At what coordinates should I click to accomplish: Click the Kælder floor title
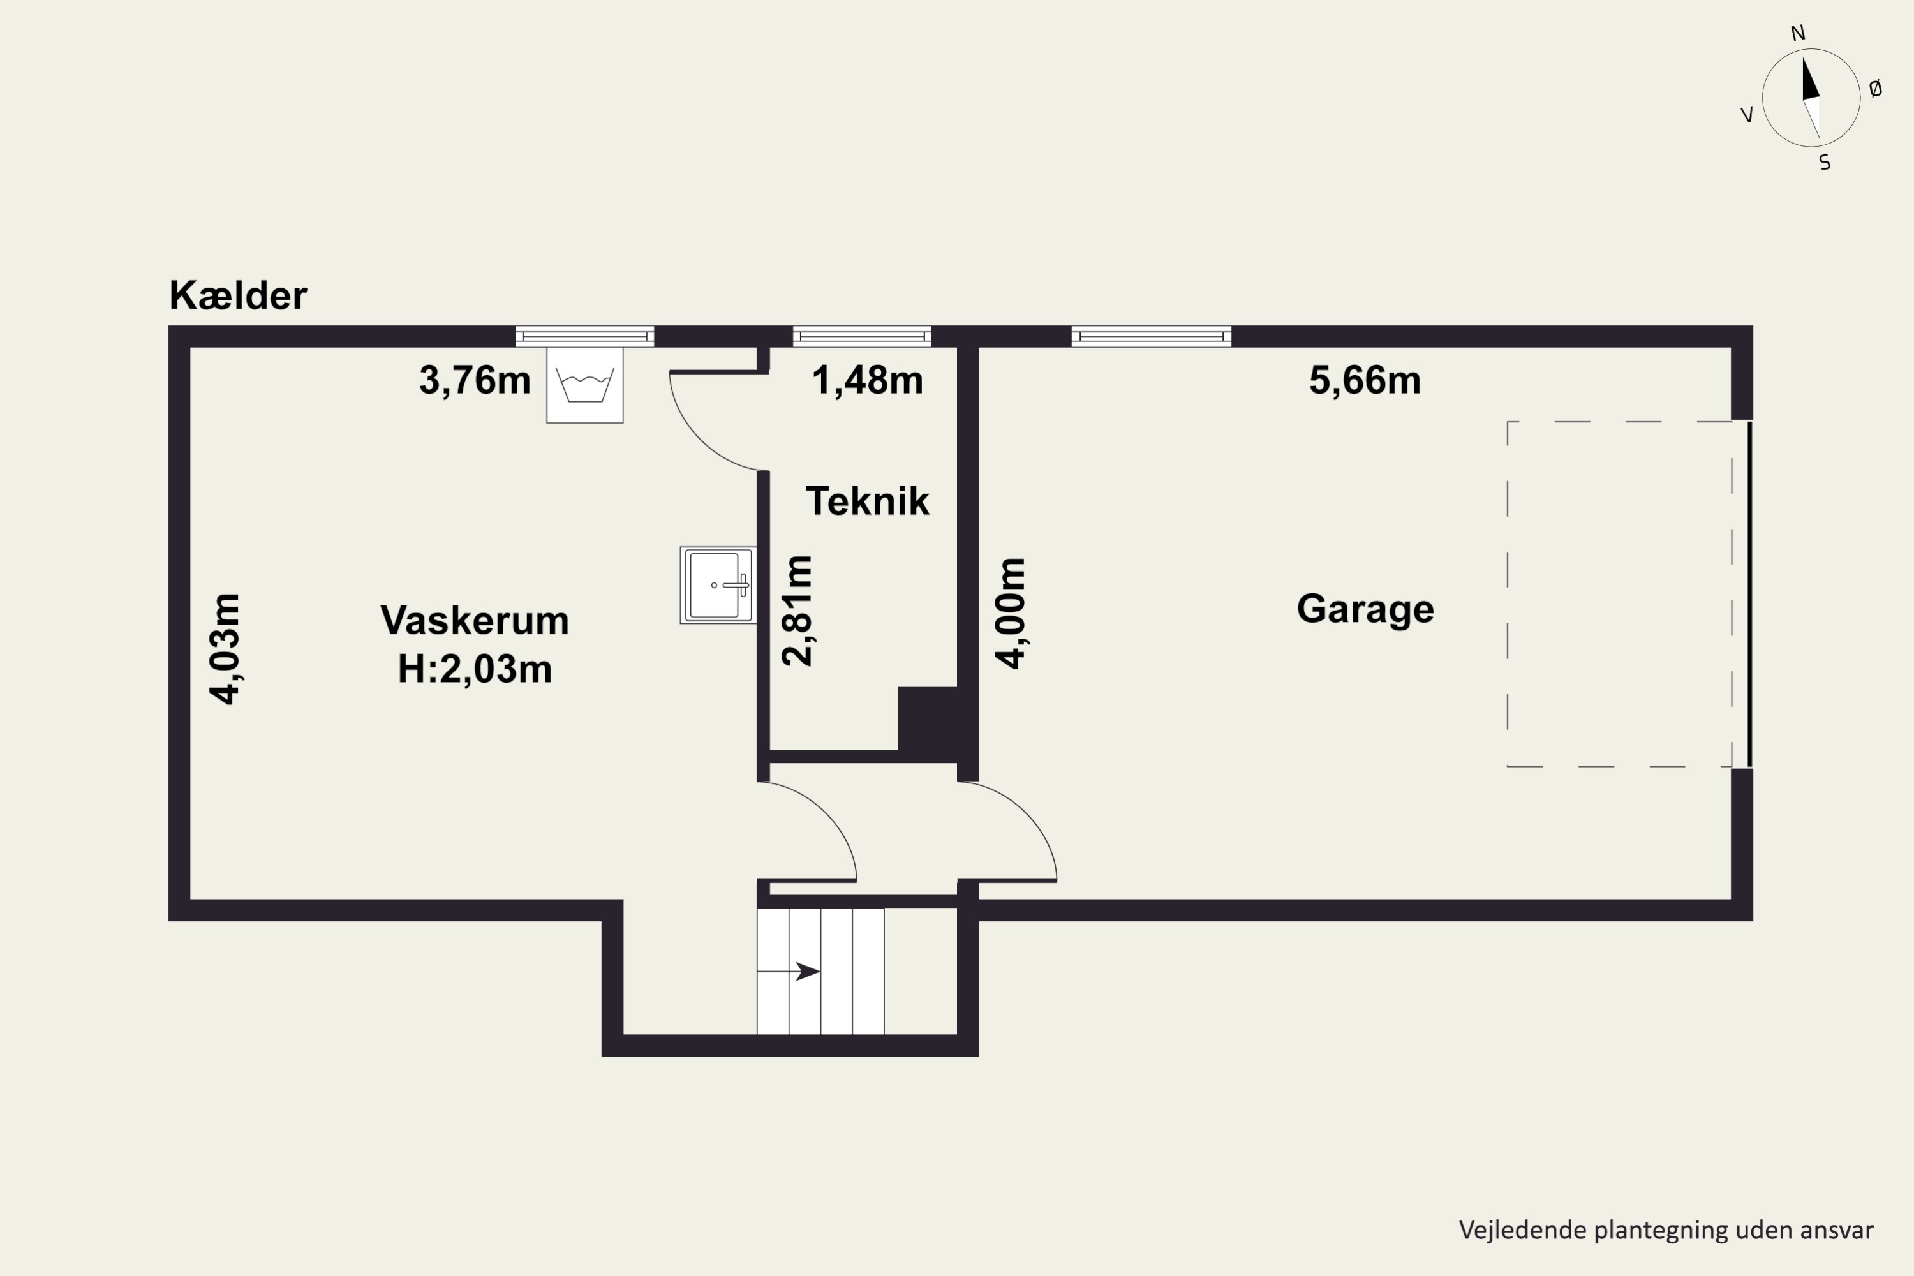pyautogui.click(x=237, y=295)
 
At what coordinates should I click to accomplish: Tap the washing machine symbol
pyautogui.click(x=584, y=385)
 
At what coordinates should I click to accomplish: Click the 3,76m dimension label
pyautogui.click(x=475, y=380)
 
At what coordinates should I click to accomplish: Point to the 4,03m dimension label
pyautogui.click(x=225, y=649)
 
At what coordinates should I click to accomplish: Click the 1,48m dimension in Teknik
pyautogui.click(x=868, y=380)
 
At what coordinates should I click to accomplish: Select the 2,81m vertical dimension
pyautogui.click(x=797, y=611)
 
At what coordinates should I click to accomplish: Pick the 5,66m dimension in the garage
pyautogui.click(x=1365, y=380)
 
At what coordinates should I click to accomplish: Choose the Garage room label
pyautogui.click(x=1365, y=609)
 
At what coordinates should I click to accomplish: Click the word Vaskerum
pyautogui.click(x=475, y=620)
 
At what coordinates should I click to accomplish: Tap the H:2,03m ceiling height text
pyautogui.click(x=475, y=669)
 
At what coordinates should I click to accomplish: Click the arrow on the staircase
pyautogui.click(x=806, y=971)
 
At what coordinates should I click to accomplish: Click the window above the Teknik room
pyautogui.click(x=862, y=336)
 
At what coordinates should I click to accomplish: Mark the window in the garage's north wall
pyautogui.click(x=1151, y=336)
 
